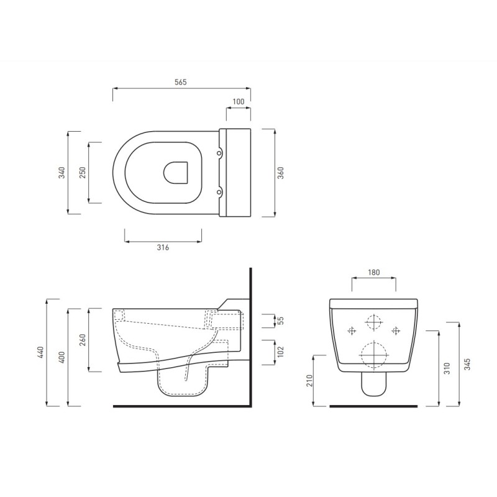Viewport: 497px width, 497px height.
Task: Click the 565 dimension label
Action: click(x=181, y=82)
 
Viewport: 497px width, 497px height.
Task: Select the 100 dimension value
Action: click(x=239, y=101)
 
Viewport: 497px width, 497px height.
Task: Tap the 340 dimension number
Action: click(x=62, y=173)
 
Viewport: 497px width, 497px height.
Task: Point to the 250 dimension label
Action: click(x=83, y=173)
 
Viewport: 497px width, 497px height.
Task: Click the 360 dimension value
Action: click(x=281, y=173)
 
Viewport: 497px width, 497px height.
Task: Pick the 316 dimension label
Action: click(x=163, y=247)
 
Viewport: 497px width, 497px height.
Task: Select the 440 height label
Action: click(x=41, y=352)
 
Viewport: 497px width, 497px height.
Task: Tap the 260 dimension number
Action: click(x=83, y=340)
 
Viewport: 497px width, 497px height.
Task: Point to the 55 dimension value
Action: click(x=281, y=321)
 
